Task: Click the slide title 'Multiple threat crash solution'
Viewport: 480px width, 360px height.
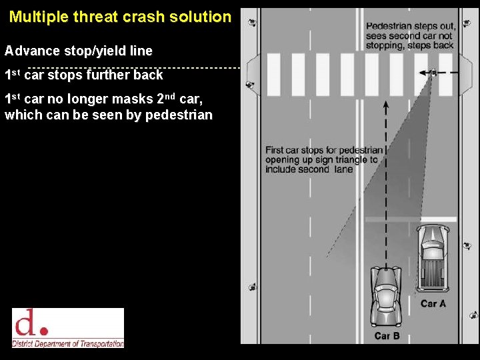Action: tap(120, 17)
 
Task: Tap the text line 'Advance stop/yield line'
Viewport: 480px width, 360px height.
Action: tap(79, 51)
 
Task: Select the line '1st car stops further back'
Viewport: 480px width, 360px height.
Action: tap(84, 74)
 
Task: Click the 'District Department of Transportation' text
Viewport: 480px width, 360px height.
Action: tap(68, 343)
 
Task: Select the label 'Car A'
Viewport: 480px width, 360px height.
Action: tap(433, 303)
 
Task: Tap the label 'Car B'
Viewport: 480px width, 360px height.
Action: tap(387, 335)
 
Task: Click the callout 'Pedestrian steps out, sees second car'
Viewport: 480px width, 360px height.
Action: tap(410, 36)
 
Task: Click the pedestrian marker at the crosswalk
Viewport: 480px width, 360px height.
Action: tap(433, 72)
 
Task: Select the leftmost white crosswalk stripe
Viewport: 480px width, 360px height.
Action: tap(273, 74)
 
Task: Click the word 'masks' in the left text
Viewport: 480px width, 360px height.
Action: tap(135, 99)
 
